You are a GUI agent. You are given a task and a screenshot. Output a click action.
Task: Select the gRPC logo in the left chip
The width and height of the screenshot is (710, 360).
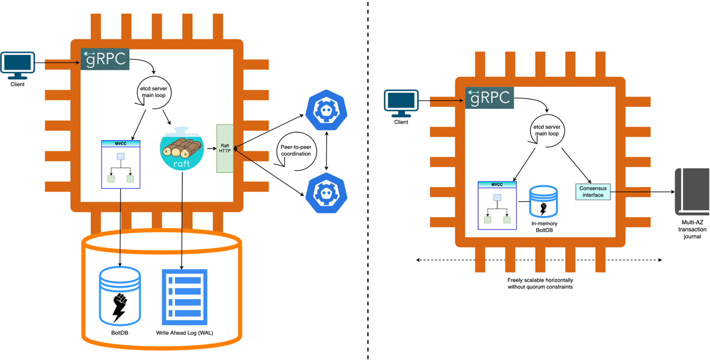point(105,59)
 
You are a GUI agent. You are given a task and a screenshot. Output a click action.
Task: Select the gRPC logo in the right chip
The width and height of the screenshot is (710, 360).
point(489,97)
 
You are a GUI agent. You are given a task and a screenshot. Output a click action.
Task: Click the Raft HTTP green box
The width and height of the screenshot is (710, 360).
point(225,148)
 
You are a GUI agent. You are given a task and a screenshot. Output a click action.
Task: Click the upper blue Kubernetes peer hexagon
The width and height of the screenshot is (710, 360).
point(326,110)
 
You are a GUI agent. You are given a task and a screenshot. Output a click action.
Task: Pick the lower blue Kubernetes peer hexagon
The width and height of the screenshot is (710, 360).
point(326,193)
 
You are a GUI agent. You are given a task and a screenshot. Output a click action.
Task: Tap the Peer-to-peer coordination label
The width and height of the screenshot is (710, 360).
point(296,151)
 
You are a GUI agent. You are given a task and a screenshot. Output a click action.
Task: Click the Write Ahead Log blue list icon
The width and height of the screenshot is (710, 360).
point(184,297)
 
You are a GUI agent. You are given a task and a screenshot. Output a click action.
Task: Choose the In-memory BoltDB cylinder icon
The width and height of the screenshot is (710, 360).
point(543,202)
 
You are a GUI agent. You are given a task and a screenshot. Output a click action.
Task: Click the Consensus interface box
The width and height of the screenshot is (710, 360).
point(593,192)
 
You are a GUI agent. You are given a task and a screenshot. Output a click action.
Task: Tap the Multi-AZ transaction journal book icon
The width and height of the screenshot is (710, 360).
point(692,191)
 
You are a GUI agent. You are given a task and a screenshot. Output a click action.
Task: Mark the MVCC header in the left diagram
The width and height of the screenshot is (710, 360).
point(120,144)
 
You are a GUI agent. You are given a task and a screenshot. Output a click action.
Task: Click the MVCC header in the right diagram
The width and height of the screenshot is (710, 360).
point(497,184)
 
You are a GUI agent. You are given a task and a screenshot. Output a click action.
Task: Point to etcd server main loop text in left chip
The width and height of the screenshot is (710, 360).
point(153,92)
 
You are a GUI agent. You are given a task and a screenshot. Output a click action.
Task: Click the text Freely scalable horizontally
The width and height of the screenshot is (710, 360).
point(540,280)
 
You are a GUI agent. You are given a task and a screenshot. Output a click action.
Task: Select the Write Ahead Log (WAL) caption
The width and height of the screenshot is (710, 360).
point(184,333)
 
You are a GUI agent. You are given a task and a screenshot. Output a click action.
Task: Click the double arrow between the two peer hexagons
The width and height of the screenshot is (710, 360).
point(326,151)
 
